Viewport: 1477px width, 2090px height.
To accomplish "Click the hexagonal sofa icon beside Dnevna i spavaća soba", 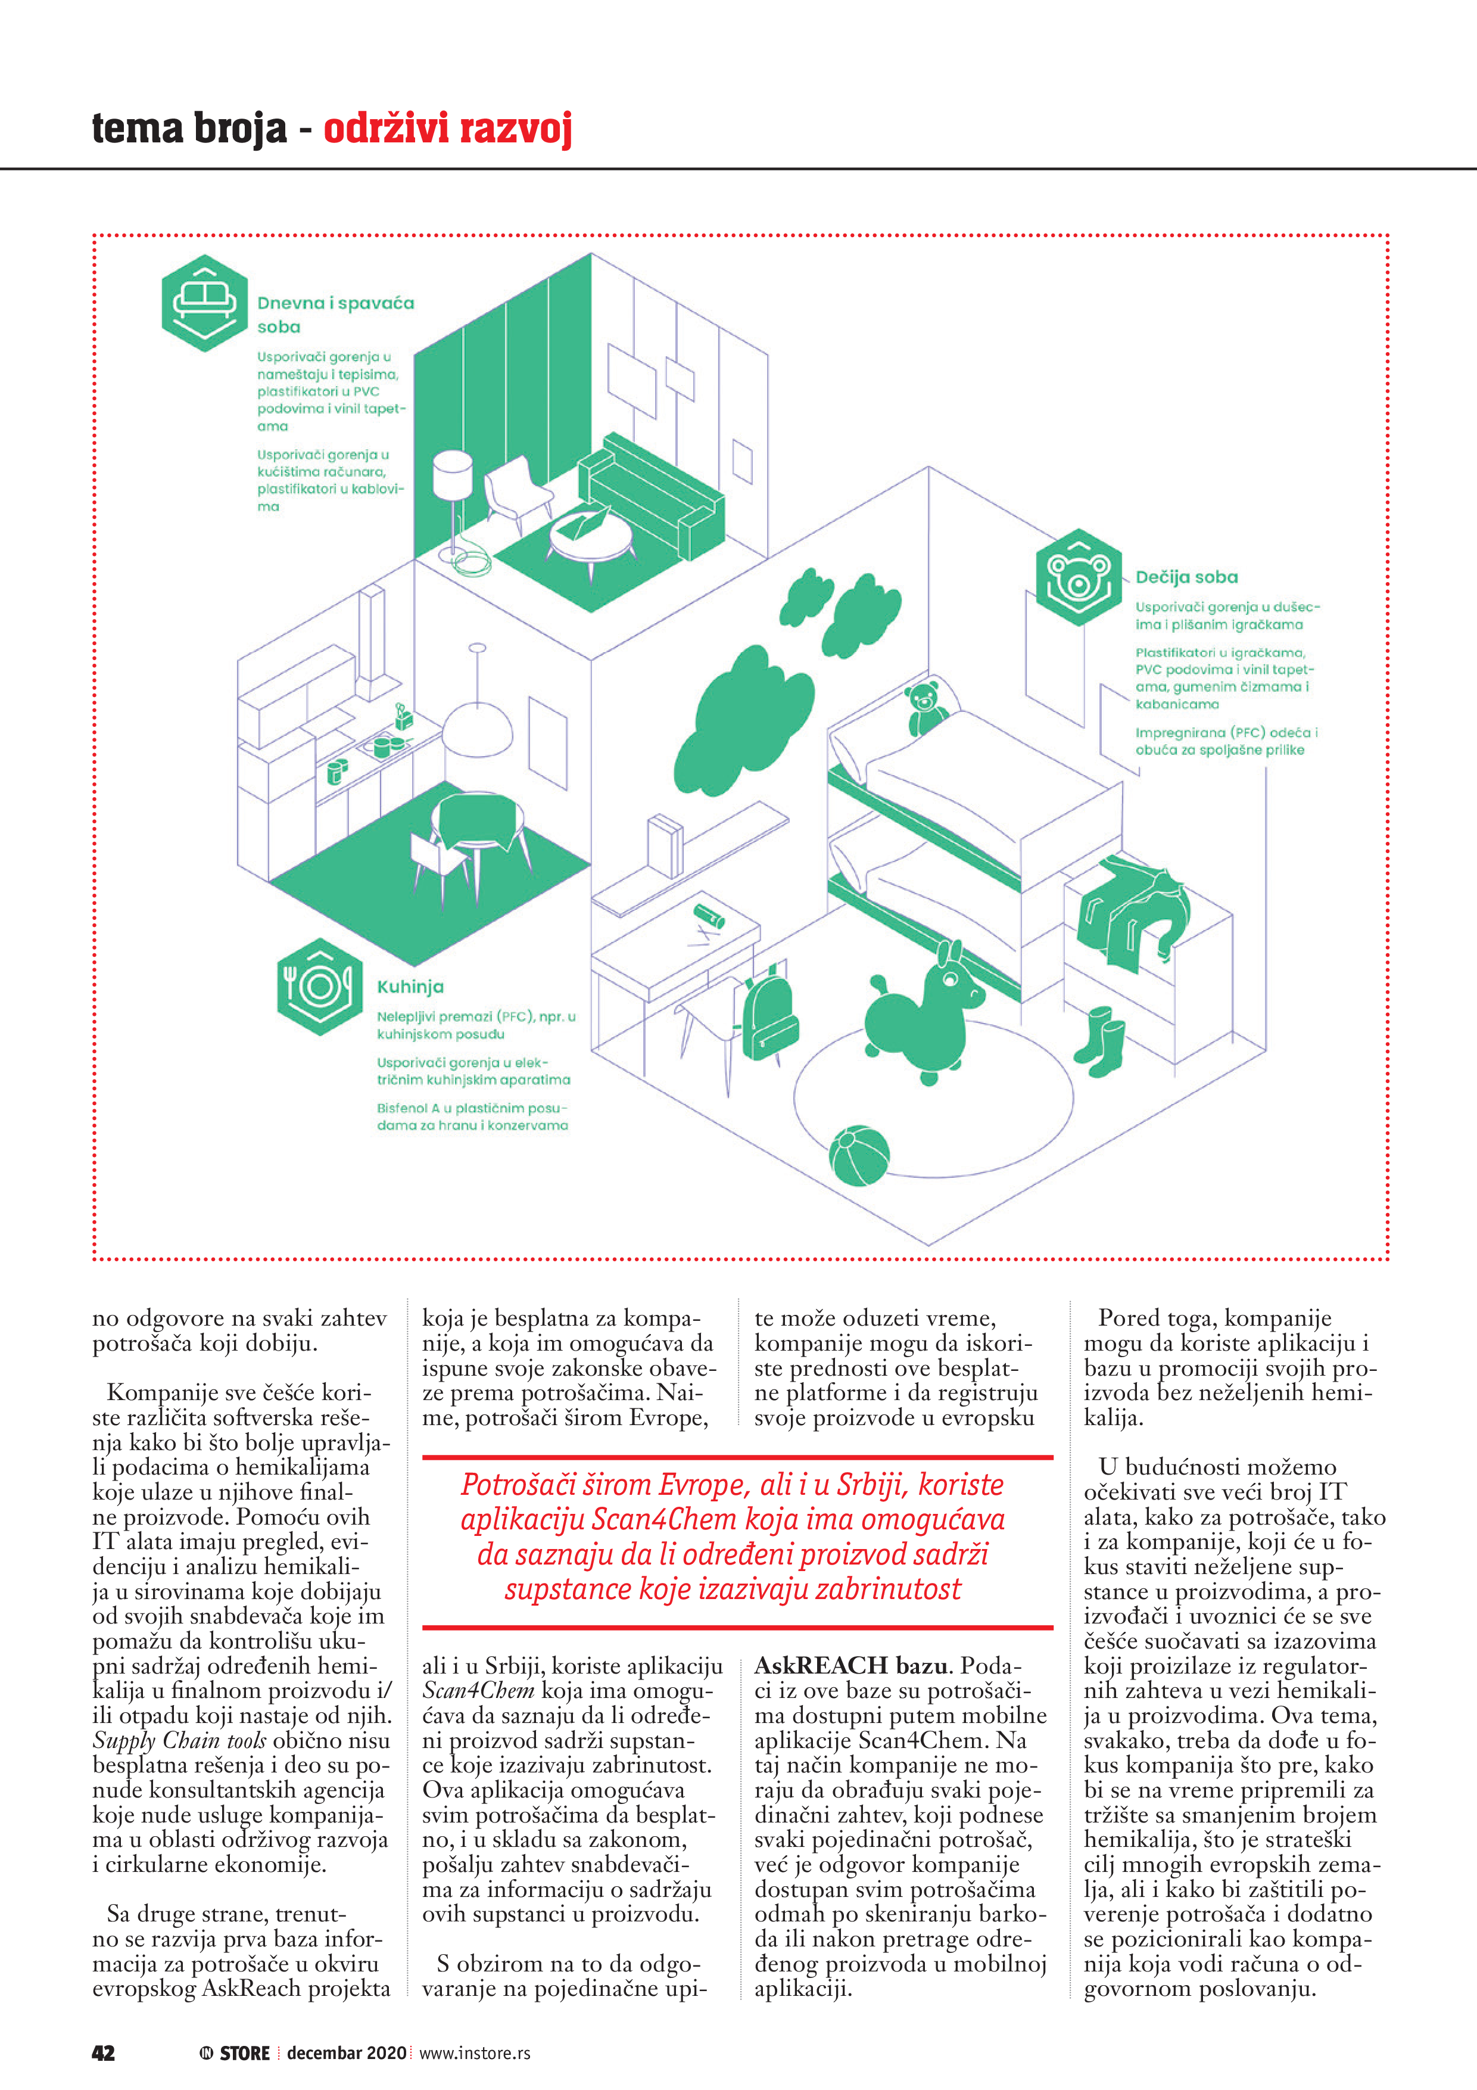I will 205,303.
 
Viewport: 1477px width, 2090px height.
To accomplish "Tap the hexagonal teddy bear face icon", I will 1079,577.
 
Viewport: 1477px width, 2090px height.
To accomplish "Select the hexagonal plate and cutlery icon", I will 319,987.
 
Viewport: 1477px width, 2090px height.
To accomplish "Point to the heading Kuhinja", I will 410,987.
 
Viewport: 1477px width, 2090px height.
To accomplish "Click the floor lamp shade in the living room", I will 452,476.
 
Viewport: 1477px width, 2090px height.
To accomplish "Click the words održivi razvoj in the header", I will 448,129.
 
